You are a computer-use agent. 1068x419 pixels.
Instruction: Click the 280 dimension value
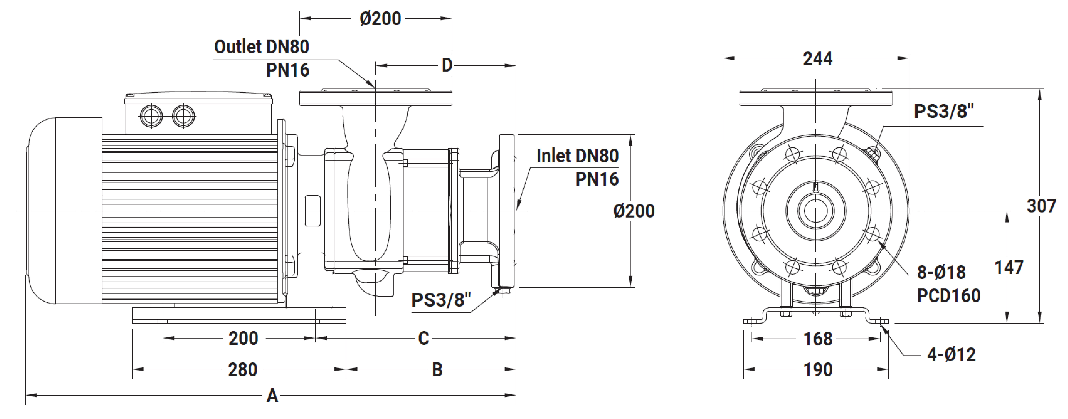243,369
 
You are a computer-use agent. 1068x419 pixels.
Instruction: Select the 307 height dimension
1041,206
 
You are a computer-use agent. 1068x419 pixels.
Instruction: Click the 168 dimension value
818,339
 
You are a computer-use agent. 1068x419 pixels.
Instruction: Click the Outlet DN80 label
262,47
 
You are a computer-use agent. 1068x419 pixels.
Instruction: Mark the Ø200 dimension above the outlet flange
380,19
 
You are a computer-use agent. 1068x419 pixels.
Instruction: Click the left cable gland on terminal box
151,116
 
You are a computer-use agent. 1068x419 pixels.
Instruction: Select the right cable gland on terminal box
183,116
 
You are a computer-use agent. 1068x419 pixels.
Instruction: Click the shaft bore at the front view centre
816,211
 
